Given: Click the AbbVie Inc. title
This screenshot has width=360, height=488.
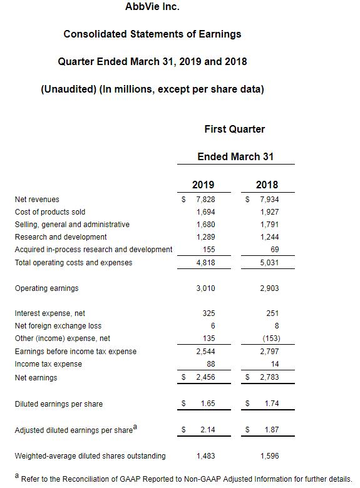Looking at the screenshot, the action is point(152,6).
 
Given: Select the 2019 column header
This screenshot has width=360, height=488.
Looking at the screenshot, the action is point(203,185).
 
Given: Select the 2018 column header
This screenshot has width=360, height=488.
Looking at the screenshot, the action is point(267,185).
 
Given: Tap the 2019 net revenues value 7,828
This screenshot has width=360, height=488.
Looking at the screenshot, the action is point(205,199).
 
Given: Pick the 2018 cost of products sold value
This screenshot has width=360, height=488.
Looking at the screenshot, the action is point(270,212).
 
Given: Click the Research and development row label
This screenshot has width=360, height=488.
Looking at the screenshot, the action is point(61,237).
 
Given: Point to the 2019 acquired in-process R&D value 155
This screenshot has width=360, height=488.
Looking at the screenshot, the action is point(208,249).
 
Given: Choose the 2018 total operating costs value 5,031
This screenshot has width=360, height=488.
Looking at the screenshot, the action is point(270,262).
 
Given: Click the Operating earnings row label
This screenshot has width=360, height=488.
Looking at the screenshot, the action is point(47,288).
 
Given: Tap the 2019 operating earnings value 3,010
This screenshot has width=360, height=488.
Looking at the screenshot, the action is point(205,288).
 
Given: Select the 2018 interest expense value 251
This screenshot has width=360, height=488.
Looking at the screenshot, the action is point(272,313).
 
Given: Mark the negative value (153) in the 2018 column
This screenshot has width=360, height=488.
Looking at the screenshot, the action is point(271,338).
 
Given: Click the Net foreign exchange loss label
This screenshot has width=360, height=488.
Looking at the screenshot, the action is point(58,326).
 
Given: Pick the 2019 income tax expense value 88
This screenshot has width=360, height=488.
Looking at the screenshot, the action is point(211,364).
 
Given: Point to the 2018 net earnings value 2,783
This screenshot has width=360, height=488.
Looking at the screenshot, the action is point(270,377).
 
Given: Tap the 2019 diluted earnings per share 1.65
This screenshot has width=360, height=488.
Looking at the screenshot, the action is point(208,404).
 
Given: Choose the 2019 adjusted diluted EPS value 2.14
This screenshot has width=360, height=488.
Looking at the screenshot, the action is point(208,429).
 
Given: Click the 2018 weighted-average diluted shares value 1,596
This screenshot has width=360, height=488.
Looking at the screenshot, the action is point(270,456).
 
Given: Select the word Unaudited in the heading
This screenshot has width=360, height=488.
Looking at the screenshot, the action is point(68,89).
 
